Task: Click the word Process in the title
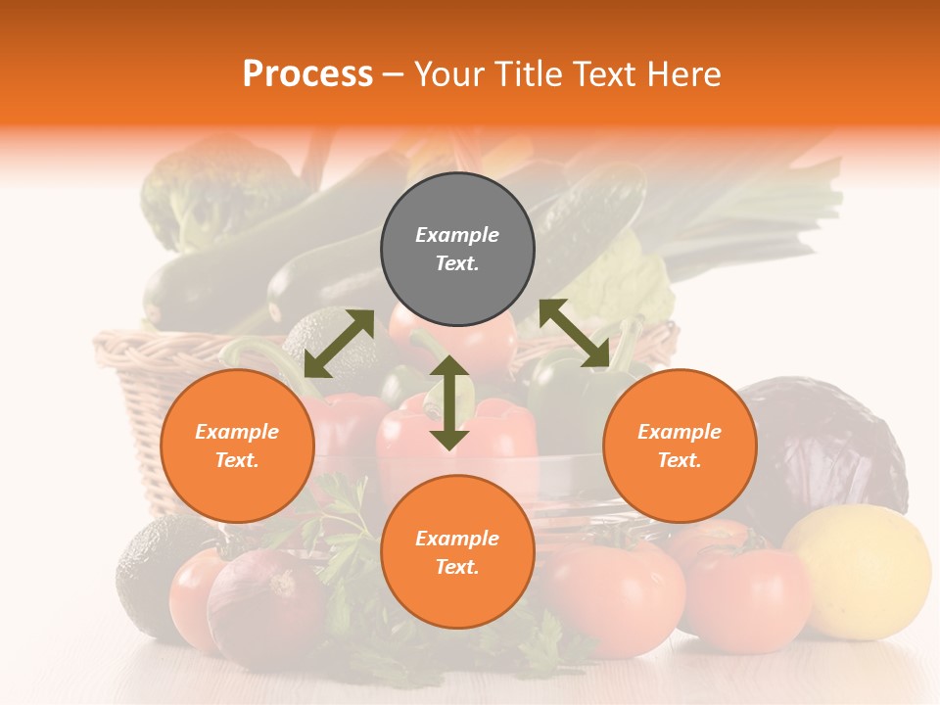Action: click(x=307, y=74)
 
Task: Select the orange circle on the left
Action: click(x=237, y=446)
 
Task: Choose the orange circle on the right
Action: click(x=680, y=446)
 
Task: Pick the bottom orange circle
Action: click(x=457, y=552)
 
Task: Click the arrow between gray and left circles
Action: click(x=339, y=344)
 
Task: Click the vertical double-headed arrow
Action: click(x=449, y=402)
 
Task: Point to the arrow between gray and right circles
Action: click(x=575, y=333)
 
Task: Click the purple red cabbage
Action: click(x=822, y=441)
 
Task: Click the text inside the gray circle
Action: click(x=457, y=249)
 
